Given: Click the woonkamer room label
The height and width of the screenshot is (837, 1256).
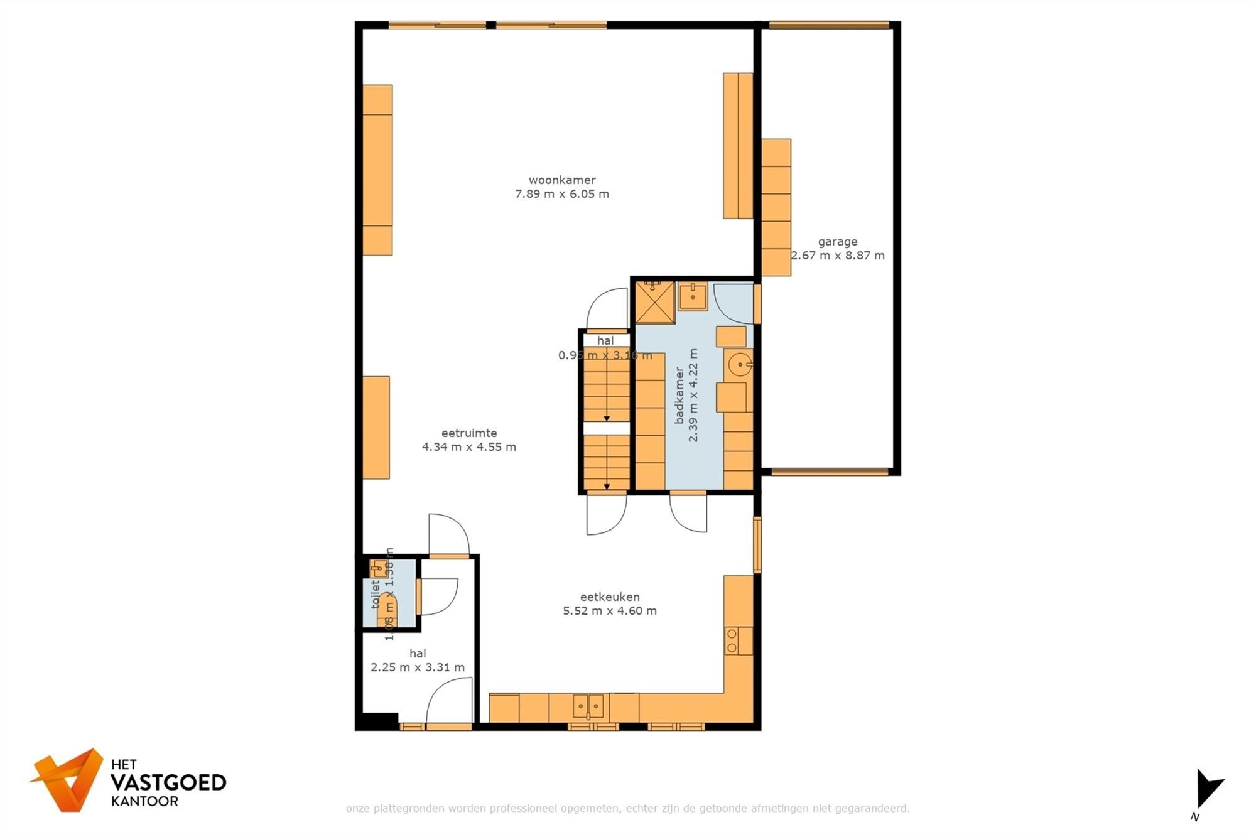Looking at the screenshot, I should point(561,180).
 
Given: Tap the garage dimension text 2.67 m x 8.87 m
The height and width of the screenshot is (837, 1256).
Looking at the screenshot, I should point(837,256).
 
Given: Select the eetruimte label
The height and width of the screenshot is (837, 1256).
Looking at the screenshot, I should point(468,433).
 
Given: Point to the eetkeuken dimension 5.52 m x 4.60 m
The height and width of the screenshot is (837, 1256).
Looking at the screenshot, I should point(609,611).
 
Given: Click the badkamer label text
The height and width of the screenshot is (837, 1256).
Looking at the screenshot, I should point(679,396).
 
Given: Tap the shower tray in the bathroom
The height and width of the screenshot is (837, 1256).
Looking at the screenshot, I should point(654,302).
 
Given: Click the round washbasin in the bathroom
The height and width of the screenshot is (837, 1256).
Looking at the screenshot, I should point(740,364).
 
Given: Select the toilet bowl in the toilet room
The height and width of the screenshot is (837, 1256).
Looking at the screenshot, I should point(387,608).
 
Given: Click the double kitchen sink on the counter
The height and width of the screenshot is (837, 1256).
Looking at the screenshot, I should point(588,706).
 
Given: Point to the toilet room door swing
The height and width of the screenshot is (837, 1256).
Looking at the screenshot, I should point(438,596).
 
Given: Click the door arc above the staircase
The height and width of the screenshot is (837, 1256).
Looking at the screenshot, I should point(608,308).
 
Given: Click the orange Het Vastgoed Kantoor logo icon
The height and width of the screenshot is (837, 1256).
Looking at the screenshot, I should point(68,779).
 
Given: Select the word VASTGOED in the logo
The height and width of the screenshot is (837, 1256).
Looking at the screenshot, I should point(168,782).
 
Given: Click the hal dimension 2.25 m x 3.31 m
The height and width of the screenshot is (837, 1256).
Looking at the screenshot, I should point(417,667).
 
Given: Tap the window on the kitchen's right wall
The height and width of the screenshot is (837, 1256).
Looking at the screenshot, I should point(757,544).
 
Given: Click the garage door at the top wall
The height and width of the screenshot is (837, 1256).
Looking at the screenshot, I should point(829,26).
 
